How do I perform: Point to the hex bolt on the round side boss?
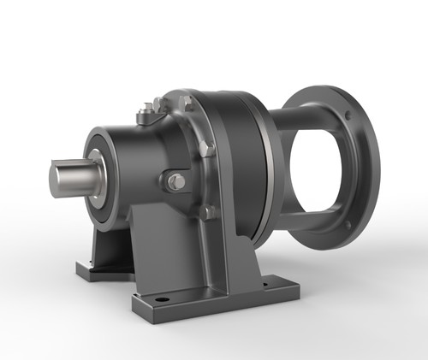coord(175,181)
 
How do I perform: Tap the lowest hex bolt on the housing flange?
coord(209,211)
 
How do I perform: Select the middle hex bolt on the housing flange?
coord(205,149)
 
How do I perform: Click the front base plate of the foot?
coord(214,299)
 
